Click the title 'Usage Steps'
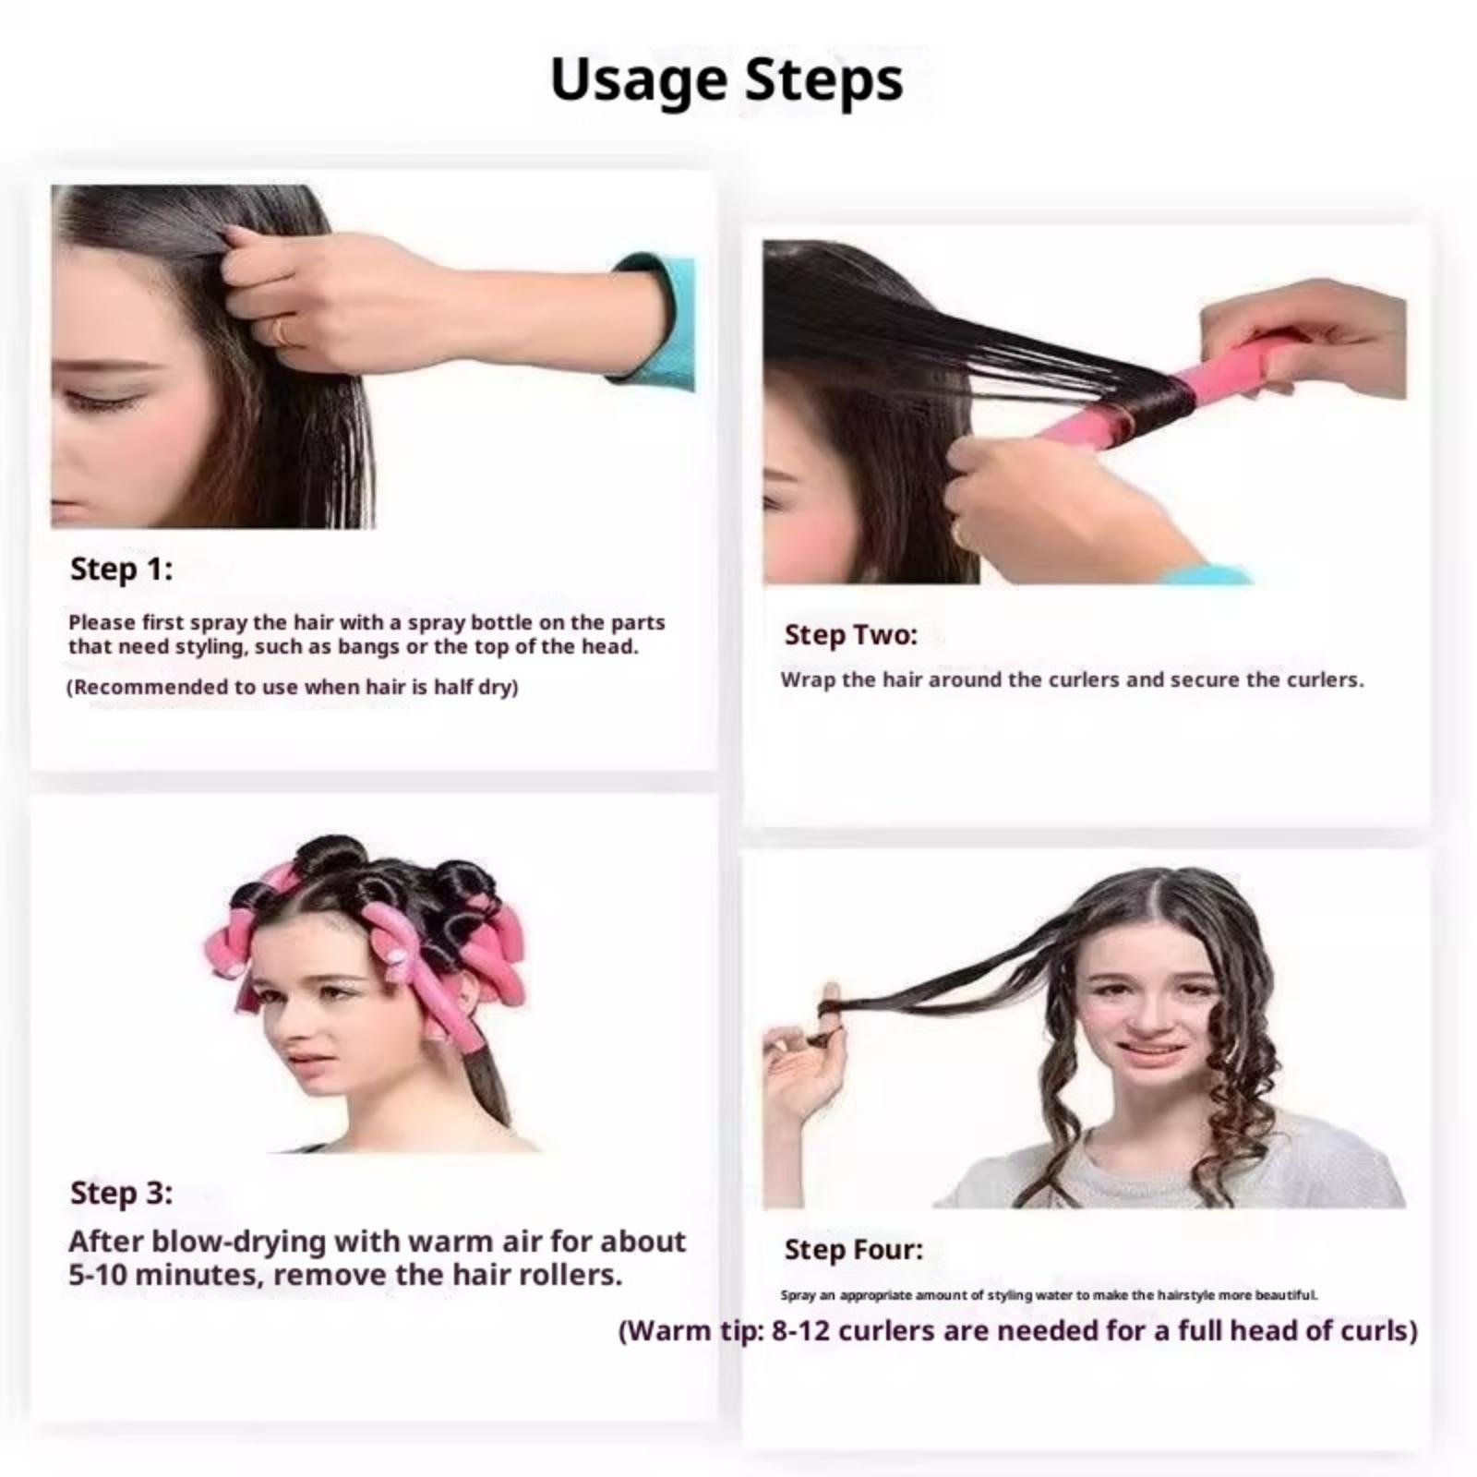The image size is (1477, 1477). (x=726, y=80)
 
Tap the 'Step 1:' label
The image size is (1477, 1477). (x=121, y=569)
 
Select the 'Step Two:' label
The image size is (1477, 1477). (x=851, y=634)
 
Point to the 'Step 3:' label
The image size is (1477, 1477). (x=121, y=1193)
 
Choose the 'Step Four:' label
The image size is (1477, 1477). (x=854, y=1249)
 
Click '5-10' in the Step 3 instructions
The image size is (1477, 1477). (x=102, y=1275)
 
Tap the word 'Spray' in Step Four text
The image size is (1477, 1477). (x=798, y=1295)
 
